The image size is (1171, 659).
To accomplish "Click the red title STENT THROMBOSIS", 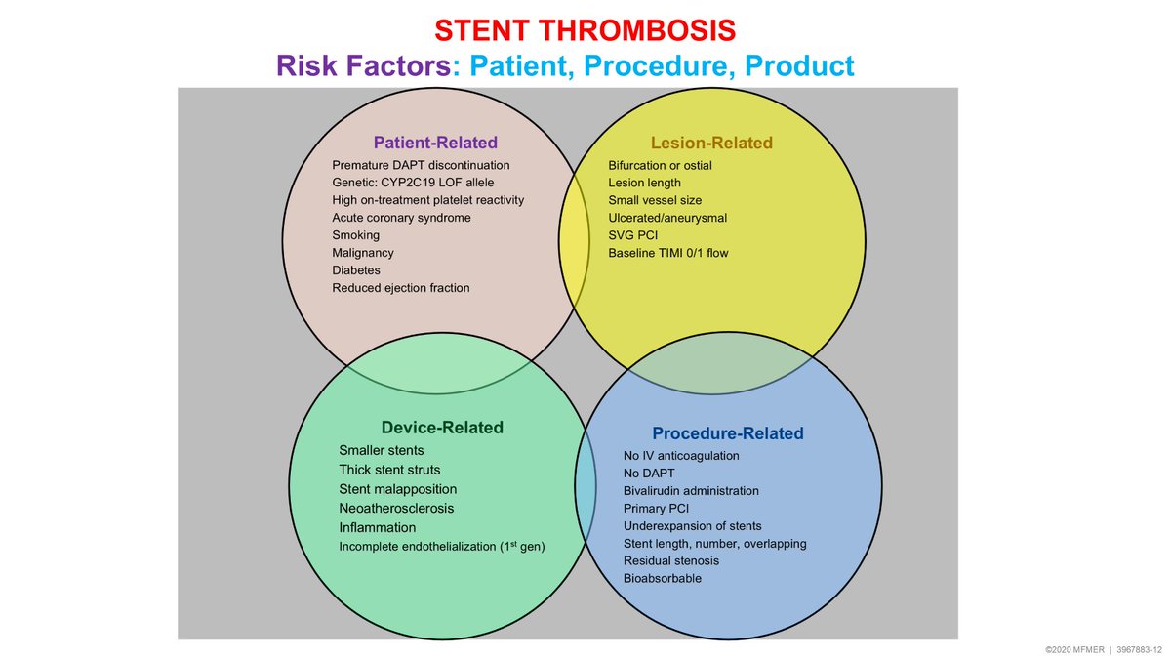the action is pos(585,30).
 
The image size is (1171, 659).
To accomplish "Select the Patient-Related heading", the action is pos(435,142).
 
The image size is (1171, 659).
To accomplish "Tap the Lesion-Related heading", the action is pos(711,144).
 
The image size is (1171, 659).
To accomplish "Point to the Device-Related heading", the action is pos(442,428).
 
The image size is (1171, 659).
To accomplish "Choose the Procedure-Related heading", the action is pos(727,433).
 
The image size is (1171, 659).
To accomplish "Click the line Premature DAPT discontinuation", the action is pos(421,165).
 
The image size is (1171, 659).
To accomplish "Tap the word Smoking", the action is pos(356,235).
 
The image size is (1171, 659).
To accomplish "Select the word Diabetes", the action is pos(356,270).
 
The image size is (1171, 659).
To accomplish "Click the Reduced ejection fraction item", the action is pos(400,288).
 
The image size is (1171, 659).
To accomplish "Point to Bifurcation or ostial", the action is pos(660,165).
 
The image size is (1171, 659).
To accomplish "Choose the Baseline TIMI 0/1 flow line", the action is pos(667,253).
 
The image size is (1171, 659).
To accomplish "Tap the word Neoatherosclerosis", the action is pos(396,509).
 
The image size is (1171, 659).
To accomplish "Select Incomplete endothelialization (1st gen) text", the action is pos(441,547).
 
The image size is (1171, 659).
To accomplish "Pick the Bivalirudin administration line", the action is pos(691,491).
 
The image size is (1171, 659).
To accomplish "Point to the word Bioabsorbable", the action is pos(662,578).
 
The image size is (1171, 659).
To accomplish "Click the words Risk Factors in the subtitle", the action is pos(364,65).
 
